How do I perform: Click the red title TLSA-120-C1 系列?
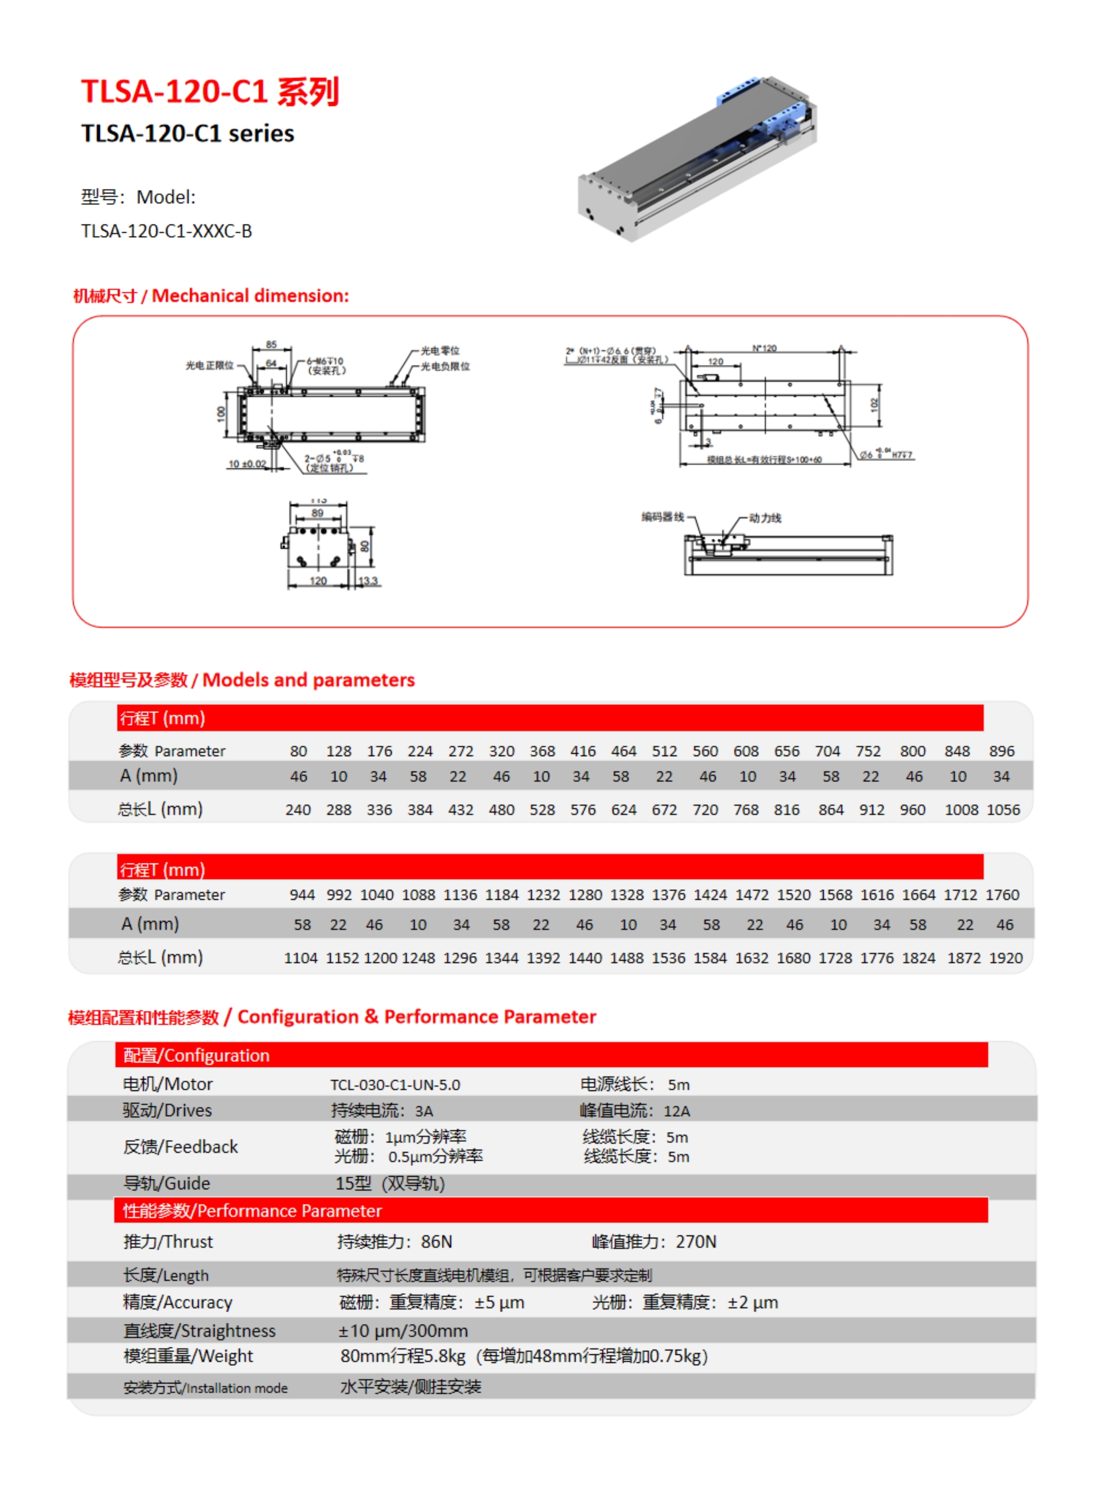pyautogui.click(x=210, y=92)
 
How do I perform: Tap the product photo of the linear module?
pyautogui.click(x=697, y=159)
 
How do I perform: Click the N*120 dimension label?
pyautogui.click(x=764, y=349)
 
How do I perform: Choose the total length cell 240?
pyautogui.click(x=298, y=810)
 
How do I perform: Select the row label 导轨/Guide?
pyautogui.click(x=166, y=1183)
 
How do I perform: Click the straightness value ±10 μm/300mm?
pyautogui.click(x=403, y=1331)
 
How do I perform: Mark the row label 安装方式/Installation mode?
pyautogui.click(x=205, y=1388)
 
